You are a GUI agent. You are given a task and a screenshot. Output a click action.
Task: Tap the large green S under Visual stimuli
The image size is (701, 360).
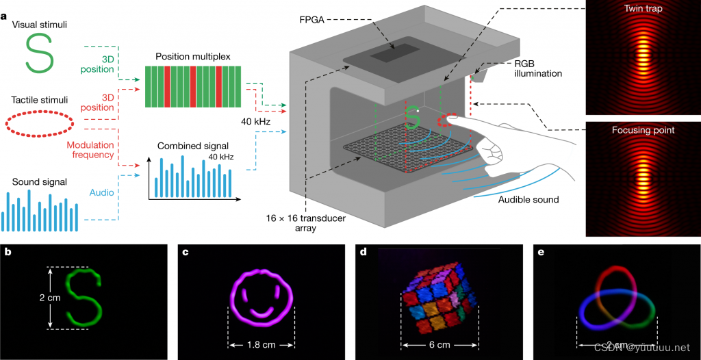[x=40, y=53]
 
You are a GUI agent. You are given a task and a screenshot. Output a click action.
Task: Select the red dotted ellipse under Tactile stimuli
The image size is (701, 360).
[x=40, y=122]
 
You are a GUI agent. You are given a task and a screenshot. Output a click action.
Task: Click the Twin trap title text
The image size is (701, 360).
[x=642, y=9]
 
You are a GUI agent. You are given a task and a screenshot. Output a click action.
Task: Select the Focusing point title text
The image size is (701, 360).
[x=642, y=129]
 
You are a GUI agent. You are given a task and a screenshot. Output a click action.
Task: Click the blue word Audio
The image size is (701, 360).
[x=102, y=194]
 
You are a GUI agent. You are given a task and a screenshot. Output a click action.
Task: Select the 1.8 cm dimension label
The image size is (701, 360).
[x=262, y=344]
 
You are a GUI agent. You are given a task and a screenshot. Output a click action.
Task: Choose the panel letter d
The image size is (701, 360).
[x=363, y=252]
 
